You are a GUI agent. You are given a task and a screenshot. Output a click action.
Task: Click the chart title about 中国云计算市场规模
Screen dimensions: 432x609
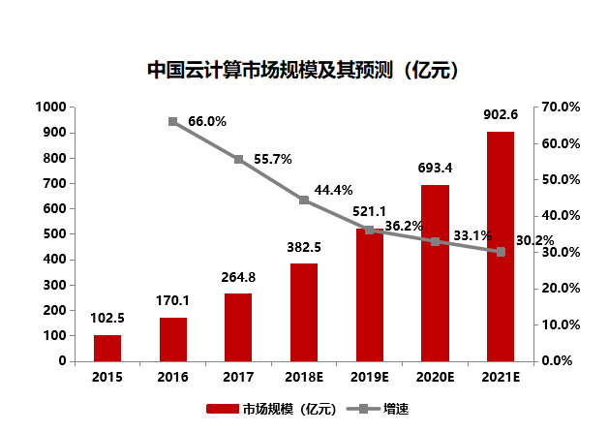(302, 70)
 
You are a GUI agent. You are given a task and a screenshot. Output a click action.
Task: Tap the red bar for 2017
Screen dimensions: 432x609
(238, 326)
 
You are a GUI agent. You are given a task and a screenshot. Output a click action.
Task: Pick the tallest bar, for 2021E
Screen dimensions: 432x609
(501, 246)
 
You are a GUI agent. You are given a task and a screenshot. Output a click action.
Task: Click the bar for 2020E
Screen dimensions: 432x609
(435, 273)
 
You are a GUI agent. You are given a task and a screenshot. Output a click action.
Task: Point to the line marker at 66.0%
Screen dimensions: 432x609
(172, 121)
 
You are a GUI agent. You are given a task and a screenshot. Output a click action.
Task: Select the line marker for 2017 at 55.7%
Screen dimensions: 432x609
(238, 159)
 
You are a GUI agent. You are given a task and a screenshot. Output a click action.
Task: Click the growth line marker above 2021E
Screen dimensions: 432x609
(501, 252)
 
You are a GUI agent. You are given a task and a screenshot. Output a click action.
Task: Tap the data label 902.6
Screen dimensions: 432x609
(501, 115)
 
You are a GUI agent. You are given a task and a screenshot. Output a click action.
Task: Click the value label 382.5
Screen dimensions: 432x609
(303, 247)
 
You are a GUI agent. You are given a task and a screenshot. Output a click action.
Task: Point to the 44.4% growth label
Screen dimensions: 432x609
(333, 190)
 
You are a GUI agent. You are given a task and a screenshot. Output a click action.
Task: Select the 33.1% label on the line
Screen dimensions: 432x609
(472, 235)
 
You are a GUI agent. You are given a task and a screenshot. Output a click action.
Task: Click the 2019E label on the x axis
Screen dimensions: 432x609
(369, 376)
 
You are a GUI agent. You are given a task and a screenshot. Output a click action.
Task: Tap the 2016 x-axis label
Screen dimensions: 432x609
(172, 376)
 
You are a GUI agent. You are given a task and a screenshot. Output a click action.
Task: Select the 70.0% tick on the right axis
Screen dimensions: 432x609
(560, 107)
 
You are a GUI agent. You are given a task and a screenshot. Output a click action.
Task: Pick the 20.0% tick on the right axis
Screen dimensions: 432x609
(560, 288)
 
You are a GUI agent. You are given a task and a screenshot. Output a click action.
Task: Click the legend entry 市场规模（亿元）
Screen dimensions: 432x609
(271, 409)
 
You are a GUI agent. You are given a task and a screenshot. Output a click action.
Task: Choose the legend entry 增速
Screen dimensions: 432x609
(383, 409)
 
